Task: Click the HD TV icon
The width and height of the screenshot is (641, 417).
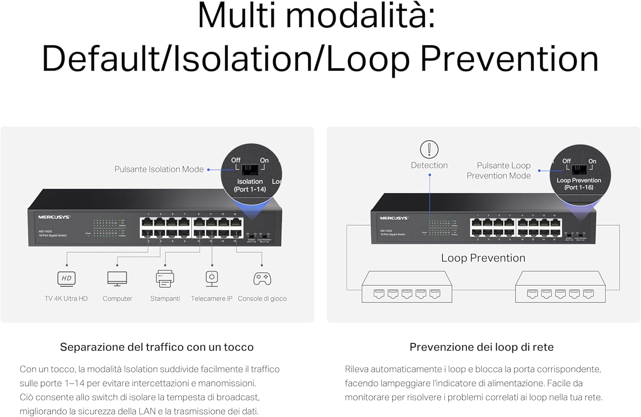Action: (x=66, y=278)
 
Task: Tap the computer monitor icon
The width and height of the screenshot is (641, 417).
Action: (x=117, y=278)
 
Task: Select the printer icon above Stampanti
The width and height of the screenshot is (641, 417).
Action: (x=165, y=278)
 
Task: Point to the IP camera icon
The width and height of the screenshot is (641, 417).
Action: (x=212, y=278)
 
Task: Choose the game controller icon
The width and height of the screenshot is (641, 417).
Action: (x=262, y=278)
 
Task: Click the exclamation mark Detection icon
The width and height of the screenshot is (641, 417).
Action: (x=429, y=149)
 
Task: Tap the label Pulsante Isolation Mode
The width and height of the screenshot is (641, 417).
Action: (x=159, y=169)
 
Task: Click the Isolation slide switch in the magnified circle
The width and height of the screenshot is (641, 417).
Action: (x=250, y=169)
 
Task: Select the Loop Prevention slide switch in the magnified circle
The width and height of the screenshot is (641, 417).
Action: (x=579, y=169)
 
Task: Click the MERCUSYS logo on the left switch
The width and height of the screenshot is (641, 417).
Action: (x=54, y=217)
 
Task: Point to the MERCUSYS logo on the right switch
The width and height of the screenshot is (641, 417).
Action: (x=394, y=218)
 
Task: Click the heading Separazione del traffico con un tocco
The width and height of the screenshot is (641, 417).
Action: (x=157, y=347)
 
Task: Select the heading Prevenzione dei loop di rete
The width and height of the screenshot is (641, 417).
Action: (x=482, y=347)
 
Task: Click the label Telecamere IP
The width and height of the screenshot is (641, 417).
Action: (x=212, y=299)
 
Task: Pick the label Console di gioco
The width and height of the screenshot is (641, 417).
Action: (x=262, y=299)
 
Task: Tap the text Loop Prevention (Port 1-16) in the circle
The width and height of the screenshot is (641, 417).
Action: (x=579, y=184)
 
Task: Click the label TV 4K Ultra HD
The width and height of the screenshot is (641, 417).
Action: (x=66, y=299)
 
